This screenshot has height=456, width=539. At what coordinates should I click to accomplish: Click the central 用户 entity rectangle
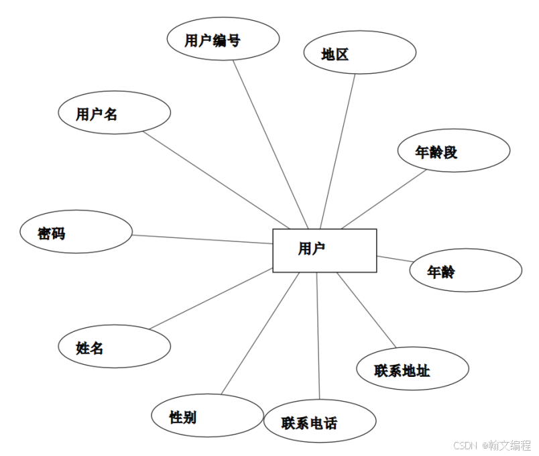click(x=324, y=250)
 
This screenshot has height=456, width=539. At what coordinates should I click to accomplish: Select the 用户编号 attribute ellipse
click(x=223, y=39)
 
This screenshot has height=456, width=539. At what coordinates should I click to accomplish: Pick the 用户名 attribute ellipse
click(x=114, y=112)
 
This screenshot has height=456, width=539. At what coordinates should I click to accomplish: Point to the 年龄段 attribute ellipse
click(x=454, y=151)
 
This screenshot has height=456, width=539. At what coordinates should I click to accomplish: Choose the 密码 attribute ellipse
click(x=76, y=231)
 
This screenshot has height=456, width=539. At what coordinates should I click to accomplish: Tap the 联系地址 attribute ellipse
click(x=412, y=368)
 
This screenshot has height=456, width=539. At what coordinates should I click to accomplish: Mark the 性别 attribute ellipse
click(x=206, y=416)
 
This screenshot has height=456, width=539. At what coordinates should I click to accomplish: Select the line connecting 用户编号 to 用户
click(x=271, y=144)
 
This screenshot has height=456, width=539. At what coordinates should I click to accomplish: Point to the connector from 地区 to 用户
click(x=338, y=150)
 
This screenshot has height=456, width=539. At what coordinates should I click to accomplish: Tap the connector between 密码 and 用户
click(x=201, y=239)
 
